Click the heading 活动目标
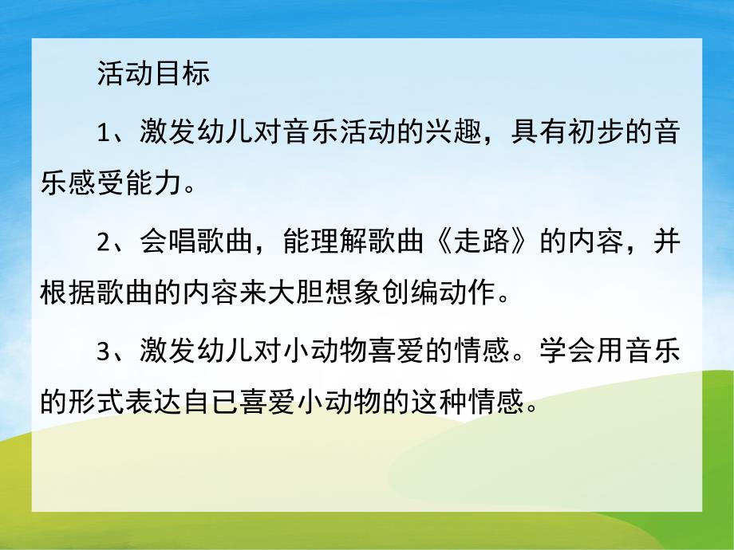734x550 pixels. pyautogui.click(x=153, y=73)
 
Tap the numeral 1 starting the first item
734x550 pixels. pyautogui.click(x=104, y=132)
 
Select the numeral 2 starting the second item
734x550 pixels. pyautogui.click(x=104, y=242)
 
